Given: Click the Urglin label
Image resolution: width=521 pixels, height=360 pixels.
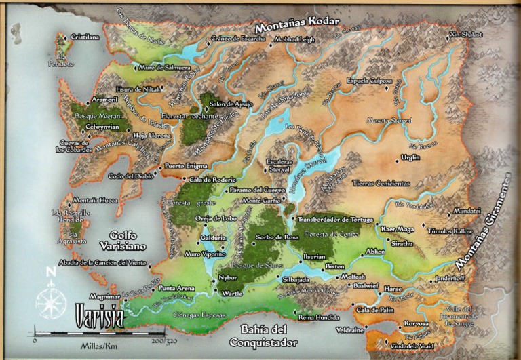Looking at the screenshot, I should [410, 157].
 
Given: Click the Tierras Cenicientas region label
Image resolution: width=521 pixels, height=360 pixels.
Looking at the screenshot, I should [381, 183].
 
